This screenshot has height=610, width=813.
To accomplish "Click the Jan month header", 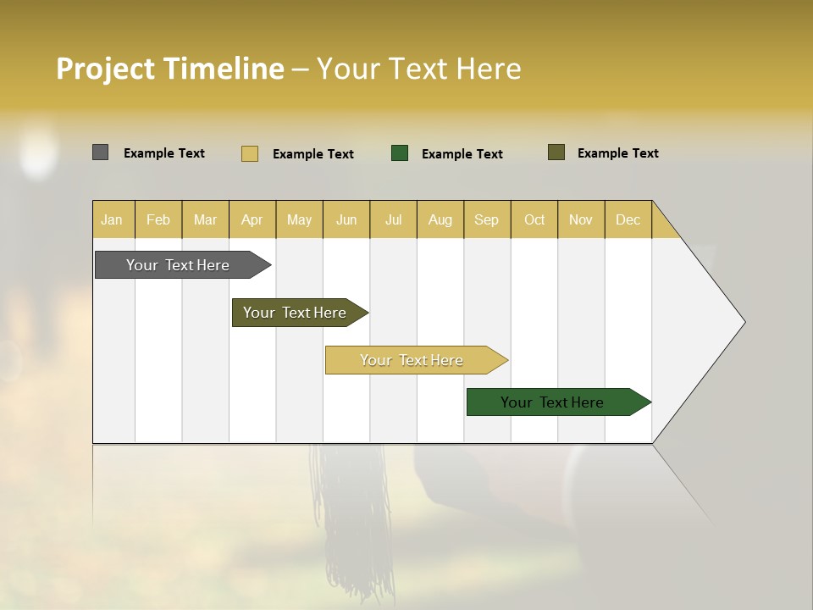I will [x=113, y=219].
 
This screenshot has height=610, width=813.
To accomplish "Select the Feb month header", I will [x=158, y=219].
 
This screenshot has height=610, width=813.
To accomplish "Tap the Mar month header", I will [x=205, y=219].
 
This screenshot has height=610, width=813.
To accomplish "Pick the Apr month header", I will [x=252, y=219].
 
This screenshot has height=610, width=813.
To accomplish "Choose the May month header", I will [x=299, y=219].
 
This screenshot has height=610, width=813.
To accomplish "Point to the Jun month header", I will [x=346, y=219].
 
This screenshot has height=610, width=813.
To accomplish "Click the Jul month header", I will [x=393, y=219].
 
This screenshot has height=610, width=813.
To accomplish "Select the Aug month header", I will [x=440, y=219].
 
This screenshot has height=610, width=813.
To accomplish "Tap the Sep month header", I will [x=487, y=219].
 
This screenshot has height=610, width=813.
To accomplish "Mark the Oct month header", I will [x=534, y=219].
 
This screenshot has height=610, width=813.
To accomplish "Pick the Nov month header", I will [x=581, y=219].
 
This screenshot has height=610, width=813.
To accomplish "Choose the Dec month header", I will [x=628, y=219].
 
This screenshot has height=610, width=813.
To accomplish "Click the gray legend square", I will [x=100, y=152].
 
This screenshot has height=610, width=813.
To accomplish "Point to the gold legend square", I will [x=250, y=153].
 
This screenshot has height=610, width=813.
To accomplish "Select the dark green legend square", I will [x=400, y=153].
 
